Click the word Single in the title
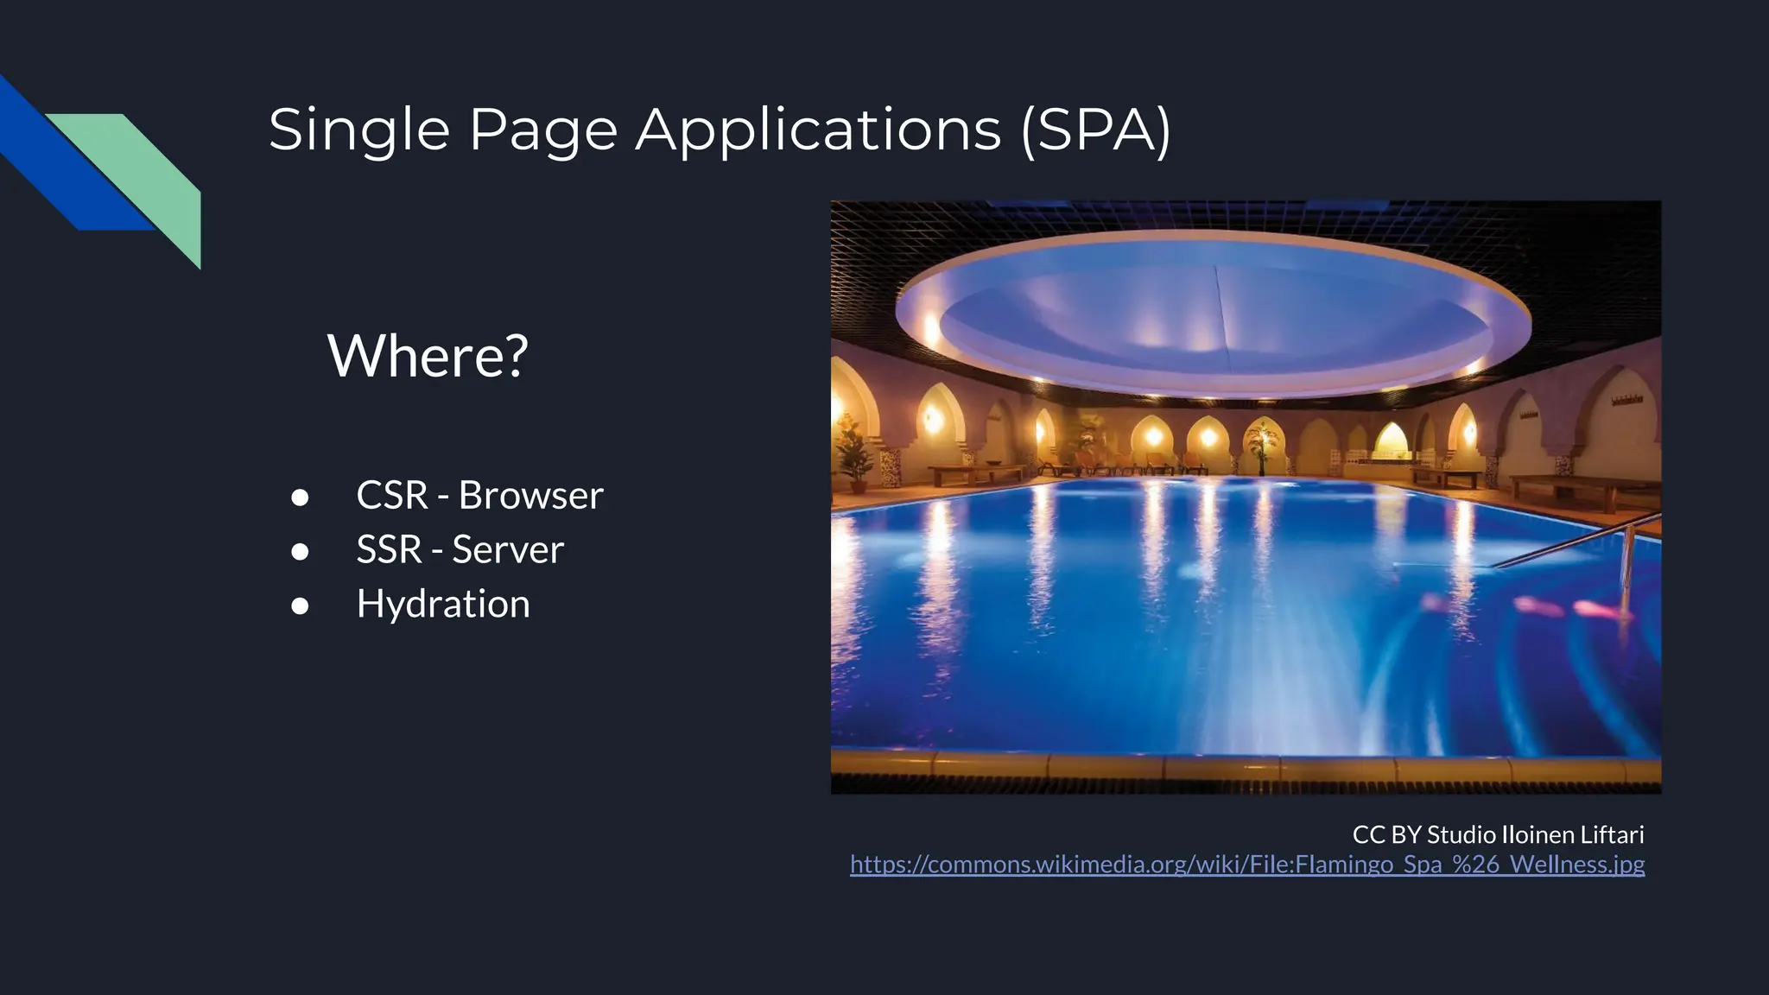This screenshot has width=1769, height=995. point(359,130)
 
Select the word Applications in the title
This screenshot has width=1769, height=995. point(818,130)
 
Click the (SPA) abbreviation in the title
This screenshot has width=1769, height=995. point(1095,130)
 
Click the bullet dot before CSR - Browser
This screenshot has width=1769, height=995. point(300,497)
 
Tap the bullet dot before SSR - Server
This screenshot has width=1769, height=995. point(300,552)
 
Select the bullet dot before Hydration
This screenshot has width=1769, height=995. point(300,606)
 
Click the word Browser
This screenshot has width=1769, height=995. point(530,496)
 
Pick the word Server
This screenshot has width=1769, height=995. point(508,550)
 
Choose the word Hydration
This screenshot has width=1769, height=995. point(443,604)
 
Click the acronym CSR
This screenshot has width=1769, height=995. point(392,496)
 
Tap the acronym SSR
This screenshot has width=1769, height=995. point(389,550)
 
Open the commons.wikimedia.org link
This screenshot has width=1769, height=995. point(1246,865)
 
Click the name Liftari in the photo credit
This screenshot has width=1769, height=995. point(1612,834)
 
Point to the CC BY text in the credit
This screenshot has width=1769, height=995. point(1386,834)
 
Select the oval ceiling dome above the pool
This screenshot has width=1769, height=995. point(1213,315)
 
